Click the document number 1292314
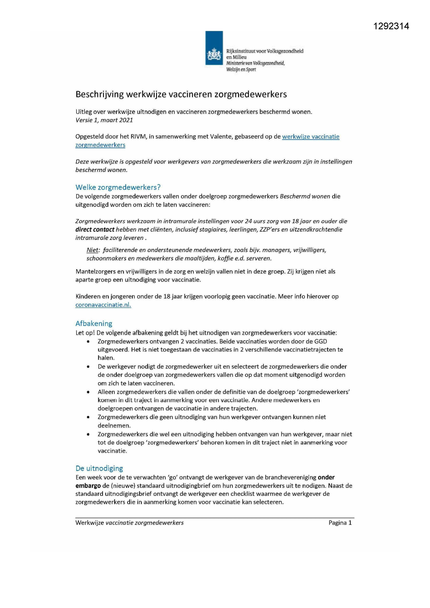pos(391,26)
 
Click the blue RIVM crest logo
pos(214,48)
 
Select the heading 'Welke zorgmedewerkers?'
pos(118,188)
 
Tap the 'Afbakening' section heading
pos(94,324)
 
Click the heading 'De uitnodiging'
pos(99,469)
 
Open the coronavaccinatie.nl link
pos(103,305)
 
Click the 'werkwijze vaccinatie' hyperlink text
pos(310,137)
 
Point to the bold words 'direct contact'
pos(95,229)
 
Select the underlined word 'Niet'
pos(93,250)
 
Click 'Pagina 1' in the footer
pos(340,523)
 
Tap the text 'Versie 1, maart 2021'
pos(104,120)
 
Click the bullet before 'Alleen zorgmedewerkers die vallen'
pos(89,392)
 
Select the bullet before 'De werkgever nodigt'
pos(89,367)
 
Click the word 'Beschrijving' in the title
pos(99,94)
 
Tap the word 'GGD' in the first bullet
pos(321,341)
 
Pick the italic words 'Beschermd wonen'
pos(305,197)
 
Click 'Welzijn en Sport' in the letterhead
pos(241,70)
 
